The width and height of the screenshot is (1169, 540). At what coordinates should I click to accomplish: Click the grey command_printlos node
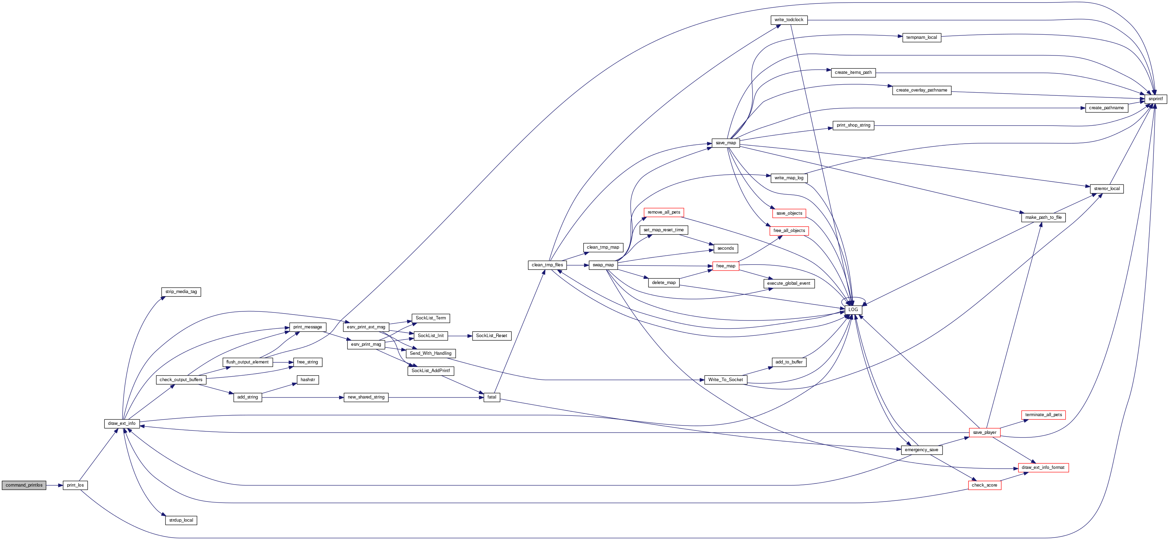pos(24,485)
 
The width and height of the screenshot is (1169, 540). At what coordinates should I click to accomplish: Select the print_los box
pos(75,485)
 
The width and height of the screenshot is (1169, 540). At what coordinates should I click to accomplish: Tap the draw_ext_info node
pos(122,423)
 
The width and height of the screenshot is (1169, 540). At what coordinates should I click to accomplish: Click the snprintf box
pos(1155,99)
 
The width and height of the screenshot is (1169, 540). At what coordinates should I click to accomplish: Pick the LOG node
pos(853,309)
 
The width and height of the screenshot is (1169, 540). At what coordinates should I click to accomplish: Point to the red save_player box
pos(984,432)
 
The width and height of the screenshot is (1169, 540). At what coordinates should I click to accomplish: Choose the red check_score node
pos(984,485)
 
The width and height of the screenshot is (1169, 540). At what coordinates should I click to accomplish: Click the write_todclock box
pos(789,20)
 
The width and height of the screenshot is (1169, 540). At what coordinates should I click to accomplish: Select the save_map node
pos(725,143)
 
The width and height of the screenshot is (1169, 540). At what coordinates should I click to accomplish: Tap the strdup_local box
pos(181,520)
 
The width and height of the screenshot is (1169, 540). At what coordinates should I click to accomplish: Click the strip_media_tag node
pos(181,292)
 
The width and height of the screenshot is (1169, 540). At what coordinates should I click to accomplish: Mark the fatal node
pos(491,397)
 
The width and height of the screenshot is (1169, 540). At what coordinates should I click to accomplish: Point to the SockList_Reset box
pos(491,336)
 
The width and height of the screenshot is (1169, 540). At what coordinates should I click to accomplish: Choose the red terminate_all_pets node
pos(1043,415)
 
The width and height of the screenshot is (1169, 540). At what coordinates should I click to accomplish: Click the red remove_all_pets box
pos(663,212)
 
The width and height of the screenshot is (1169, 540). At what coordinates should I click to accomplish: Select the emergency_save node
pos(921,450)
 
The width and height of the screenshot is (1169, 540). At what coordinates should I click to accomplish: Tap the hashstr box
pos(308,380)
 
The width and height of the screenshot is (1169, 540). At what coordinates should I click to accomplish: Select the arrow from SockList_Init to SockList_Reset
pos(460,336)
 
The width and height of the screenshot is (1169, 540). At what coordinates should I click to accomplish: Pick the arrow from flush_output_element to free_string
pos(283,362)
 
